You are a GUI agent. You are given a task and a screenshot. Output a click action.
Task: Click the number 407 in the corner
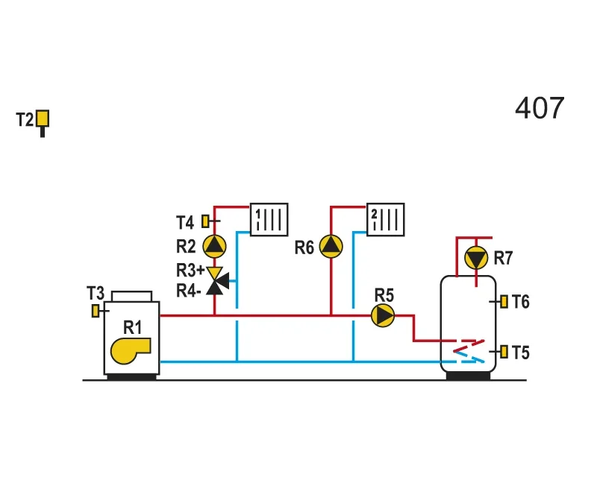click(x=540, y=108)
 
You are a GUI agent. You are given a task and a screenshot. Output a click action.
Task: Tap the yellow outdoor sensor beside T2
click(x=43, y=119)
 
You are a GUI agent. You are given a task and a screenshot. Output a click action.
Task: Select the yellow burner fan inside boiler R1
click(x=130, y=351)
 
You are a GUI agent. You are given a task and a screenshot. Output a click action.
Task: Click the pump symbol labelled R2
click(x=214, y=247)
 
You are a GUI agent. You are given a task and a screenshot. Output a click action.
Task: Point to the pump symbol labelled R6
click(x=331, y=247)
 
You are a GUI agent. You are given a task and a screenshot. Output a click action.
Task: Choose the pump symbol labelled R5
click(x=383, y=315)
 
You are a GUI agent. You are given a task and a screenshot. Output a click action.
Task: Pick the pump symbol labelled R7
click(x=476, y=258)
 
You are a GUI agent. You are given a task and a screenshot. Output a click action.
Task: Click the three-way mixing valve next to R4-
click(x=217, y=281)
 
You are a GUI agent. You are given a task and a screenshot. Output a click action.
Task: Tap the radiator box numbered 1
click(x=269, y=219)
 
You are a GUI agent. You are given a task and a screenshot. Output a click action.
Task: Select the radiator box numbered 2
click(x=386, y=219)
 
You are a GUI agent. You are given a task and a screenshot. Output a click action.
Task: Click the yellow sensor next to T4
click(x=206, y=221)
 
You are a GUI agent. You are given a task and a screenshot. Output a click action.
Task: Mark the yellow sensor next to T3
click(x=96, y=311)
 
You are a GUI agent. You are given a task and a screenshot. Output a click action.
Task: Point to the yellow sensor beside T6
click(x=504, y=302)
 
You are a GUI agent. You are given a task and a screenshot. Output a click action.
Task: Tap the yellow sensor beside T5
click(x=504, y=352)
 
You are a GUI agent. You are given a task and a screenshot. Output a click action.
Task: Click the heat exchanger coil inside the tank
click(x=469, y=351)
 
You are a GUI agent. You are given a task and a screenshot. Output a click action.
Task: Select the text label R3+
click(x=190, y=271)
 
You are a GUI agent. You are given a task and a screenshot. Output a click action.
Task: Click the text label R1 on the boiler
click(x=133, y=327)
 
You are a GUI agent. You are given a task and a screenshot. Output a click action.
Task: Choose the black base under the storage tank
click(x=469, y=376)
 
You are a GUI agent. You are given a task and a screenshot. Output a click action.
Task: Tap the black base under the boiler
click(x=132, y=377)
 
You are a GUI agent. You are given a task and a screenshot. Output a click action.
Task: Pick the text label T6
click(x=520, y=302)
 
